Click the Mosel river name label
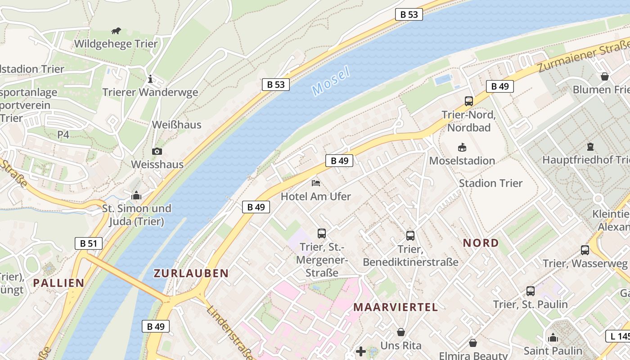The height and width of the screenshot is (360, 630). coord(330,81)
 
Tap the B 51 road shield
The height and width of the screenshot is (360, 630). coord(89,243)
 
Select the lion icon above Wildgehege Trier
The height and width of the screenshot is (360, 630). coord(116,31)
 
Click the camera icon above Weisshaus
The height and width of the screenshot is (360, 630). coord(157,151)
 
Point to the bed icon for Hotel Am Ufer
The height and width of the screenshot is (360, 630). coord(316,183)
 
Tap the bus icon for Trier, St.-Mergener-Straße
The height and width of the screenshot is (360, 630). coord(321,233)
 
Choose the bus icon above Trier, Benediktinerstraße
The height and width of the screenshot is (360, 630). coord(410,235)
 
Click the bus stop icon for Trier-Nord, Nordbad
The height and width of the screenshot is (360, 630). coord(468,101)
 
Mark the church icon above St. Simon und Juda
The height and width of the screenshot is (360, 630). coord(136,195)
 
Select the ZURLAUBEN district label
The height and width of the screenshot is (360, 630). coord(191,273)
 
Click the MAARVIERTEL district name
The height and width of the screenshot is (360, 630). coord(395,307)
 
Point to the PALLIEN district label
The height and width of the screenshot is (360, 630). coord(58,283)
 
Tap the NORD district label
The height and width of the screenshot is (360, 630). coord(481,243)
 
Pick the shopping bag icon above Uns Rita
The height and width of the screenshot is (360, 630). coord(400,332)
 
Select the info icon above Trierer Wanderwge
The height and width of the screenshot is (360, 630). coord(150,79)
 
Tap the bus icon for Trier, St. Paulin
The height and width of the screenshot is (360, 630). coord(530,291)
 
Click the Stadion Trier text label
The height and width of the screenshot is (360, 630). coord(490,183)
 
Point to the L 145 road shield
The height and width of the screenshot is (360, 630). coord(619,336)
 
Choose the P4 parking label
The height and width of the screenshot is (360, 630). coord(63,134)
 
